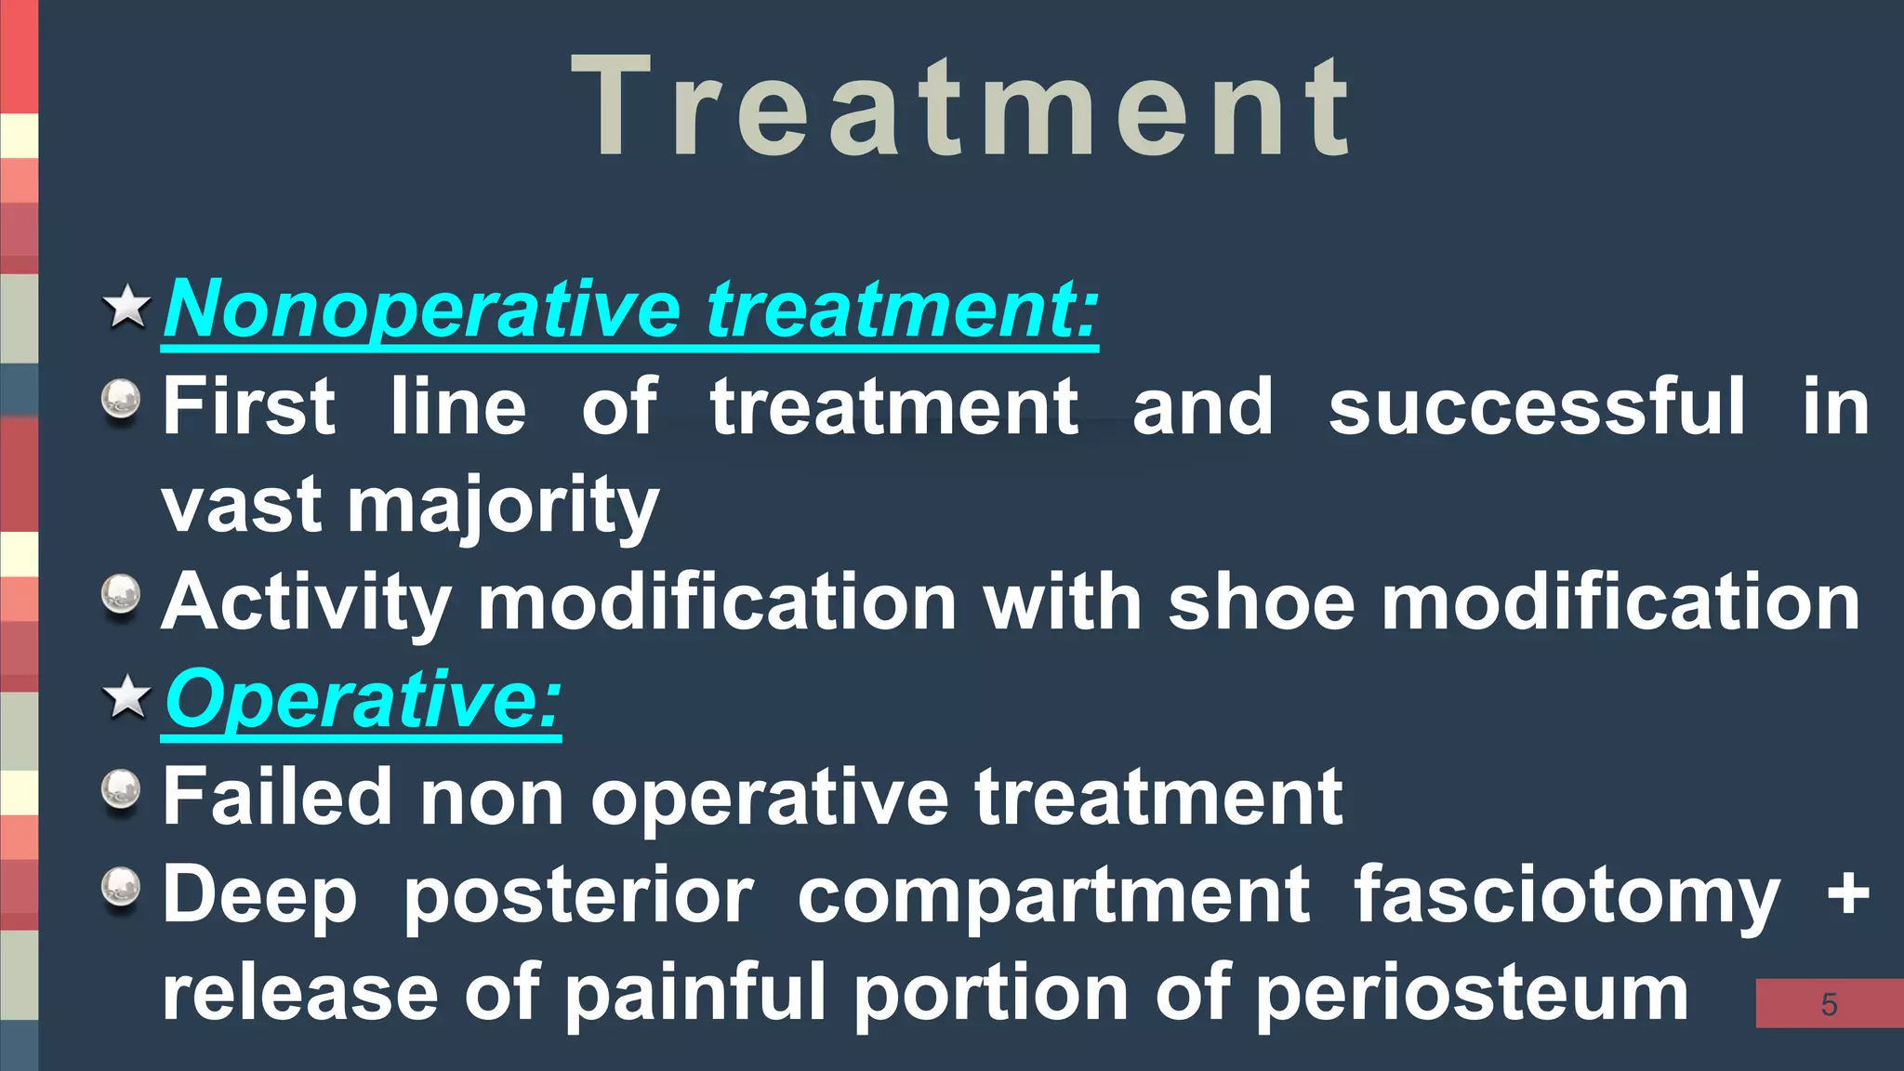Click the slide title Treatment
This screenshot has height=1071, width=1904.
click(961, 107)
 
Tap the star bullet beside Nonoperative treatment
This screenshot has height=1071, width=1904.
click(126, 307)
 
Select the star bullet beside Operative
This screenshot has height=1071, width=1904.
click(126, 697)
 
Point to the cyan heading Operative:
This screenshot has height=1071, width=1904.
click(363, 699)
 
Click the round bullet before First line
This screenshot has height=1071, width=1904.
click(121, 402)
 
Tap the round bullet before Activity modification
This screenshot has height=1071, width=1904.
click(121, 595)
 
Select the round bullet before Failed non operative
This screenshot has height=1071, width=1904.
click(121, 790)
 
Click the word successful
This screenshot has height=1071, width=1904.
click(1537, 406)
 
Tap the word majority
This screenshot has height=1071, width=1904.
click(503, 507)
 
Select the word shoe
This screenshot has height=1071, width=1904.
click(1262, 602)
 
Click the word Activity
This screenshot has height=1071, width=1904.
click(307, 602)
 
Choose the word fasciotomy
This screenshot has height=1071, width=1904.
click(1567, 896)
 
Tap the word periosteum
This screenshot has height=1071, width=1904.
click(1472, 994)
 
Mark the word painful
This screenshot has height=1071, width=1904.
click(696, 992)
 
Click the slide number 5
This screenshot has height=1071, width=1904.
click(1829, 1004)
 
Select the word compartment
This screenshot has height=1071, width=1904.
click(1053, 896)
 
